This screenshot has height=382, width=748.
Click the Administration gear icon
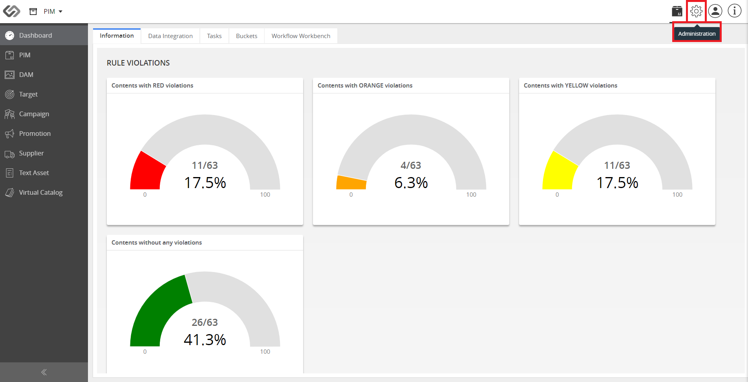tap(696, 11)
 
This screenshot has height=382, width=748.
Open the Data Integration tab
tap(170, 36)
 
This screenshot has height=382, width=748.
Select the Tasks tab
tap(214, 36)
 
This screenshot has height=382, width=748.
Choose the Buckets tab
tap(247, 36)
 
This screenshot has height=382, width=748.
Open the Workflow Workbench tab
tap(301, 36)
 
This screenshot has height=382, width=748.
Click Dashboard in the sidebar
tap(35, 35)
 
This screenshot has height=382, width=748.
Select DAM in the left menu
tap(26, 75)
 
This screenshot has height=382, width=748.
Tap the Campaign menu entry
tap(34, 114)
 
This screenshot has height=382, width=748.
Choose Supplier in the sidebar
tap(31, 153)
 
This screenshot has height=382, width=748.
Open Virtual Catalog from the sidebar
tap(41, 192)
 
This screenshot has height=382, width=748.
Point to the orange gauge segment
tap(351, 183)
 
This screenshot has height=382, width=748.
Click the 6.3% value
tap(411, 183)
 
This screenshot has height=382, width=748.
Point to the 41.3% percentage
tap(205, 340)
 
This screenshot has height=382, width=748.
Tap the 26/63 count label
tap(205, 322)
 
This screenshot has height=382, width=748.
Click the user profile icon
tap(715, 11)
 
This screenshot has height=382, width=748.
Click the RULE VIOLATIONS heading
tap(138, 63)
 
